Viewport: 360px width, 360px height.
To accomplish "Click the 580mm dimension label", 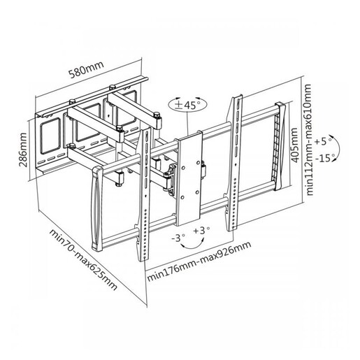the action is (x=86, y=69).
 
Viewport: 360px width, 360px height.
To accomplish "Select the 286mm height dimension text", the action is (x=23, y=150).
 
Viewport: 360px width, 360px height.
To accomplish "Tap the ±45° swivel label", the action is (x=187, y=104).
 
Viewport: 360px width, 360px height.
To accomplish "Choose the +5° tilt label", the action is (x=323, y=141).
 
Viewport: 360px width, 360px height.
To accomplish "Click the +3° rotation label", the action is (x=201, y=231).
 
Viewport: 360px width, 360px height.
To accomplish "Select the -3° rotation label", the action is (x=178, y=238).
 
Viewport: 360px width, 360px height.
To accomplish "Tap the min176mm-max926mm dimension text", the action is (x=199, y=261).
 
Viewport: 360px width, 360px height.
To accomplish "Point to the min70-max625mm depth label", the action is (x=83, y=259).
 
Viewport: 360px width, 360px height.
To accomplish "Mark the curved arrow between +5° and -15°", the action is (x=337, y=147).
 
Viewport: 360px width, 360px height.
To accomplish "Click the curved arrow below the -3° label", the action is (x=192, y=246).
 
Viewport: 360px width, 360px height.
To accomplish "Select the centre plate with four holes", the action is (x=189, y=178).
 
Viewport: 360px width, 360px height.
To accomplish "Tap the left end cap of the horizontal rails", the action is (x=96, y=208).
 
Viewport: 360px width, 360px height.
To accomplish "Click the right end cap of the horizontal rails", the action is (x=280, y=146).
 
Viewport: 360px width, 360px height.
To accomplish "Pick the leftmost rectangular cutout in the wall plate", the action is (x=50, y=136).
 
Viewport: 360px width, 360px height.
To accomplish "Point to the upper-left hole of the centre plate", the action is (x=183, y=168).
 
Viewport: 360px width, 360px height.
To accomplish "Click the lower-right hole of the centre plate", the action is (x=197, y=192).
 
